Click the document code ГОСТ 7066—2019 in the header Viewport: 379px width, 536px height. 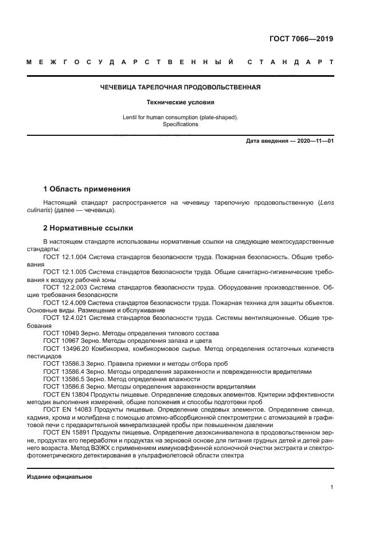[x=301, y=39]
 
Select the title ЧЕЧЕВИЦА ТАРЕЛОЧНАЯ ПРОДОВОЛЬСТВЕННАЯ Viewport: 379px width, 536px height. [x=181, y=88]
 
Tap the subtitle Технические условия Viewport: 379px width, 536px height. [x=180, y=103]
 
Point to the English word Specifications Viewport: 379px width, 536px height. [x=180, y=124]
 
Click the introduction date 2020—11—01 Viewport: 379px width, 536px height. [x=315, y=141]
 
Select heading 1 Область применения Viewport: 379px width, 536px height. [x=87, y=189]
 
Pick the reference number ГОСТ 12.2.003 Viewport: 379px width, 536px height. [x=64, y=287]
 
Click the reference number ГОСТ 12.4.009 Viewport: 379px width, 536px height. [x=64, y=302]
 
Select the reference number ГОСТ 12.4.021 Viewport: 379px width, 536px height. [x=64, y=316]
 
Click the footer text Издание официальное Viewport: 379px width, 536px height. [x=60, y=477]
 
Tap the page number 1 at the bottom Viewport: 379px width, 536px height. [x=332, y=488]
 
